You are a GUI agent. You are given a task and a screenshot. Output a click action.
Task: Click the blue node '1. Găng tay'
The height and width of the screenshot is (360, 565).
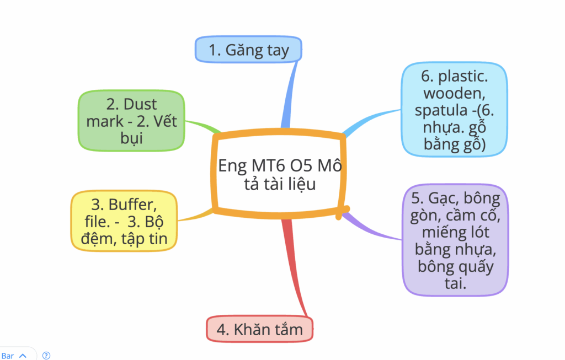coord(248,50)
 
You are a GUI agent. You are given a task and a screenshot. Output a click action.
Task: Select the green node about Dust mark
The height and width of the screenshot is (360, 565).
coord(131,121)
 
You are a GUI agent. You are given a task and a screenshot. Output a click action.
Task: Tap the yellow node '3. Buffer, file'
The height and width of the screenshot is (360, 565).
coord(124,221)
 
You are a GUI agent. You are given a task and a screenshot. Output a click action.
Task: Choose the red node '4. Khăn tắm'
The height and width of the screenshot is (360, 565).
coord(259,330)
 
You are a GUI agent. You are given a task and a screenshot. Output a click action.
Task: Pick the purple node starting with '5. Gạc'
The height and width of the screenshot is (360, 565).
coord(455,240)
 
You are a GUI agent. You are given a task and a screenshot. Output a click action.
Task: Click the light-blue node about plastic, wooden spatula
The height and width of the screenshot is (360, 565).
coord(455,110)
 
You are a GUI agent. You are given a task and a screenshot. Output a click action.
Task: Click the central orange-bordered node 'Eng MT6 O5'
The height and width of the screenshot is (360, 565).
coord(279,174)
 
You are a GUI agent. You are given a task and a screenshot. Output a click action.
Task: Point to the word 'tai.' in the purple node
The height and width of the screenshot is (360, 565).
coord(455,284)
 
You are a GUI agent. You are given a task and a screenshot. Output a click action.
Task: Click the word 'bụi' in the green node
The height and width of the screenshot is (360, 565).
coord(131,138)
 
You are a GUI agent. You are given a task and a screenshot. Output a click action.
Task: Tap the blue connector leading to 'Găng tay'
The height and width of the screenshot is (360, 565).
coord(290,94)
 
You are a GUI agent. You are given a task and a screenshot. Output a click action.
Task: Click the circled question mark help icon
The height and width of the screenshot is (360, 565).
coord(46,356)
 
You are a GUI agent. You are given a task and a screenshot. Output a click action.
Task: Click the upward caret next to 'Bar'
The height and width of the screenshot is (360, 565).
coord(23,356)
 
